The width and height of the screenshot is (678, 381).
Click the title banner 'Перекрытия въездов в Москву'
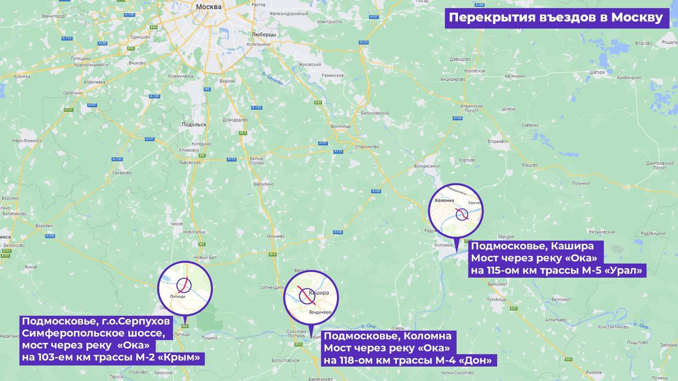[556, 17]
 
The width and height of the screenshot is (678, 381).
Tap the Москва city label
[208, 7]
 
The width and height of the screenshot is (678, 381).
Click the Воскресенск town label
[427, 166]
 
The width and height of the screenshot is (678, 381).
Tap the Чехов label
[176, 224]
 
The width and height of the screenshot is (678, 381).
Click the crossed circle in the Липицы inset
[184, 285]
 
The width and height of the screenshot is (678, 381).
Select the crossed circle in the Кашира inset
[307, 296]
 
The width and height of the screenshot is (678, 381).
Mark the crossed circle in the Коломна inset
[462, 214]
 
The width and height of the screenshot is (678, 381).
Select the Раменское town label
[333, 76]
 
